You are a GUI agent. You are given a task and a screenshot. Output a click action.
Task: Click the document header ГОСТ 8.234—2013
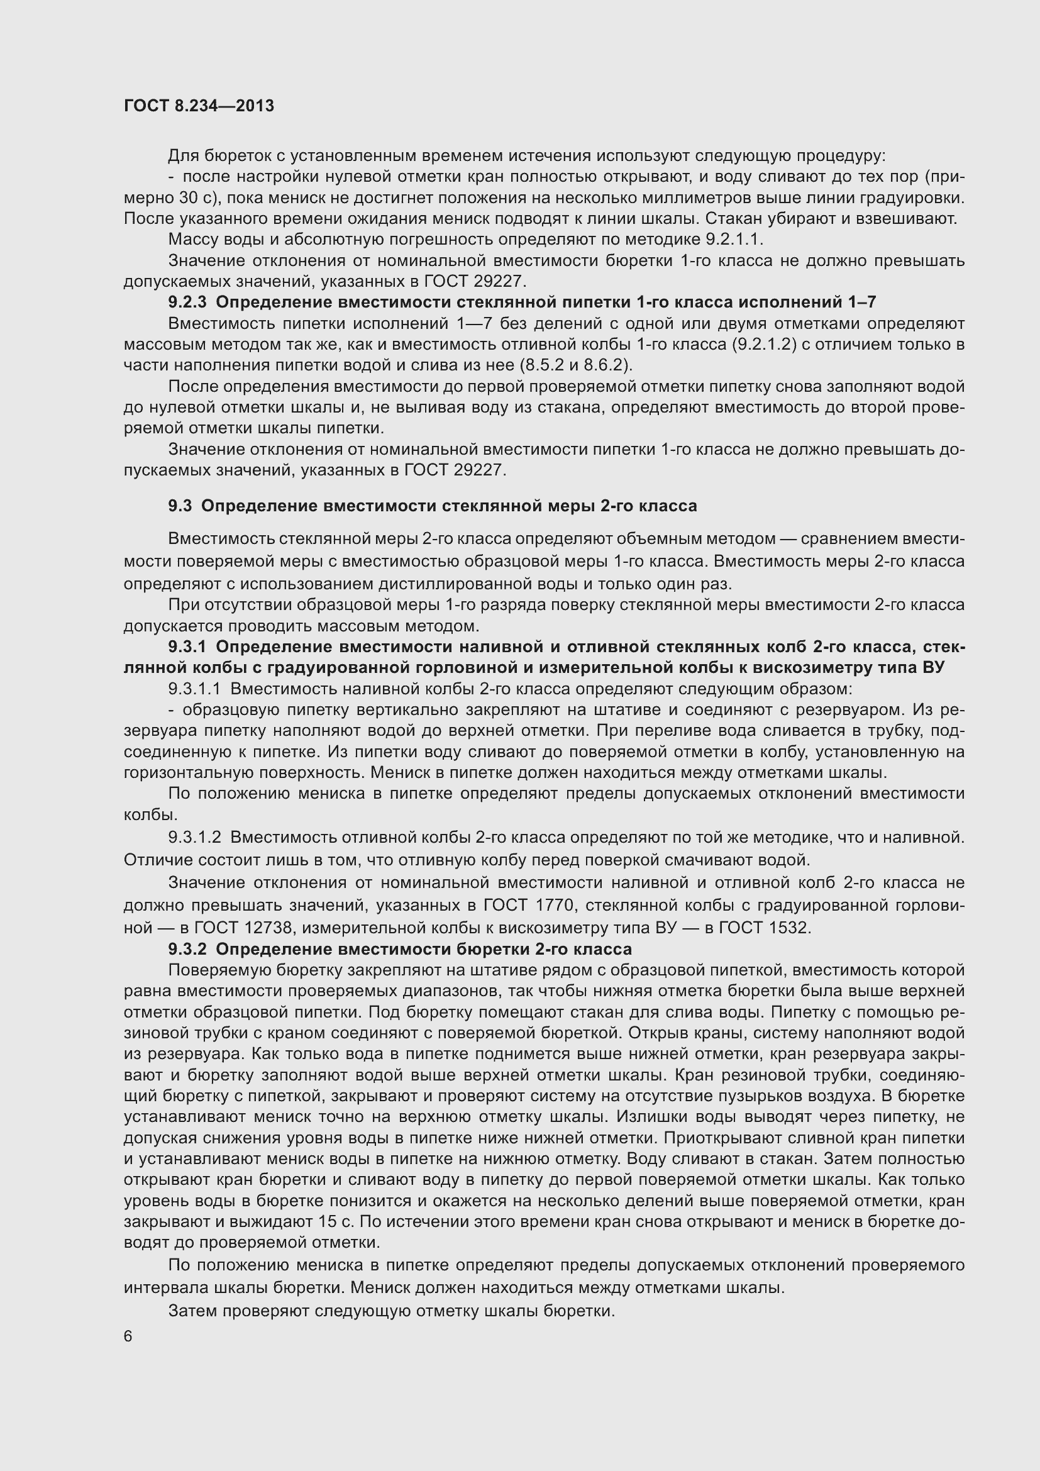199,106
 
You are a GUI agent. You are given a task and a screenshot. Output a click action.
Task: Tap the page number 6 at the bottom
129,1336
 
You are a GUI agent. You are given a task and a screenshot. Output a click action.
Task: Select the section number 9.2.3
187,302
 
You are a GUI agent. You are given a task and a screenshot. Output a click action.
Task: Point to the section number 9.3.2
187,949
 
